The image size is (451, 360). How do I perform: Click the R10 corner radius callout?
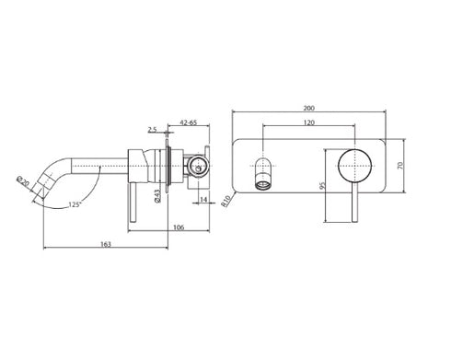(226, 202)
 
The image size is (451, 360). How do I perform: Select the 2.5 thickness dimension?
(152, 130)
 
